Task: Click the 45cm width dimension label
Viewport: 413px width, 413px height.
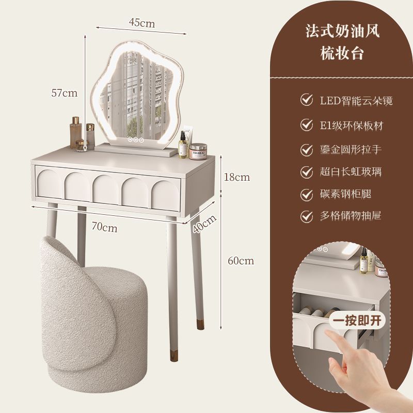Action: click(x=141, y=23)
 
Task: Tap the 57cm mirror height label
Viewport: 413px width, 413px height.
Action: click(x=64, y=93)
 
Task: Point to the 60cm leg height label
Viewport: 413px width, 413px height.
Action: click(x=241, y=261)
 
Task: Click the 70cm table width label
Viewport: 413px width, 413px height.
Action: click(x=105, y=226)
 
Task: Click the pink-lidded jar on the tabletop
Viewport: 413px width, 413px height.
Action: click(x=198, y=152)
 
